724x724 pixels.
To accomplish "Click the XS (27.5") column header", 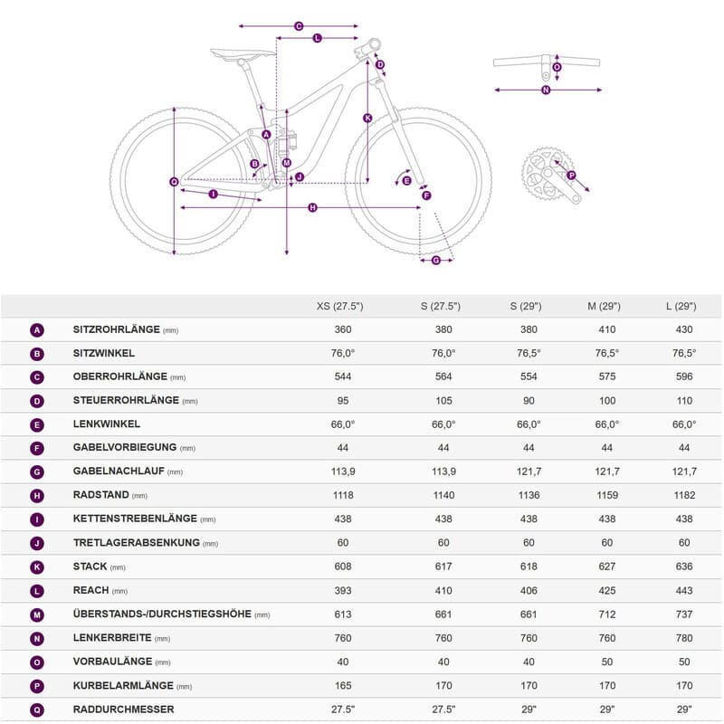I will coord(340,306).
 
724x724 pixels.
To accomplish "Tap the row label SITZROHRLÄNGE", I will coord(117,330).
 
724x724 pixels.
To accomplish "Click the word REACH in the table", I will coord(90,590).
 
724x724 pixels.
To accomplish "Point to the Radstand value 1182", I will coord(684,495).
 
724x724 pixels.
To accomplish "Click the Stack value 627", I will coord(606,567).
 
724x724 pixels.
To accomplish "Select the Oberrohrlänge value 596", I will coord(684,377).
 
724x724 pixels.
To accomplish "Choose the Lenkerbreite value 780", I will coord(684,638).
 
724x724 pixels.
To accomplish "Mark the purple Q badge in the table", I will coord(37,710).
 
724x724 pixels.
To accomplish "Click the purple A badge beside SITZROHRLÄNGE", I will coord(37,330).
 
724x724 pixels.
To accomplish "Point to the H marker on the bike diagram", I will coord(313,208).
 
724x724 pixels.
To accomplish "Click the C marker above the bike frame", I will coord(299,26).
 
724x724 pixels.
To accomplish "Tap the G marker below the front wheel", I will coord(435,261).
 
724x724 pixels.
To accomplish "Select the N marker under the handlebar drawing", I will coord(546,90).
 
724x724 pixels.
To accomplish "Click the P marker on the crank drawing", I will coord(571,175).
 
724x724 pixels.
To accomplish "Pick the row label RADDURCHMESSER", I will coord(124,710).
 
